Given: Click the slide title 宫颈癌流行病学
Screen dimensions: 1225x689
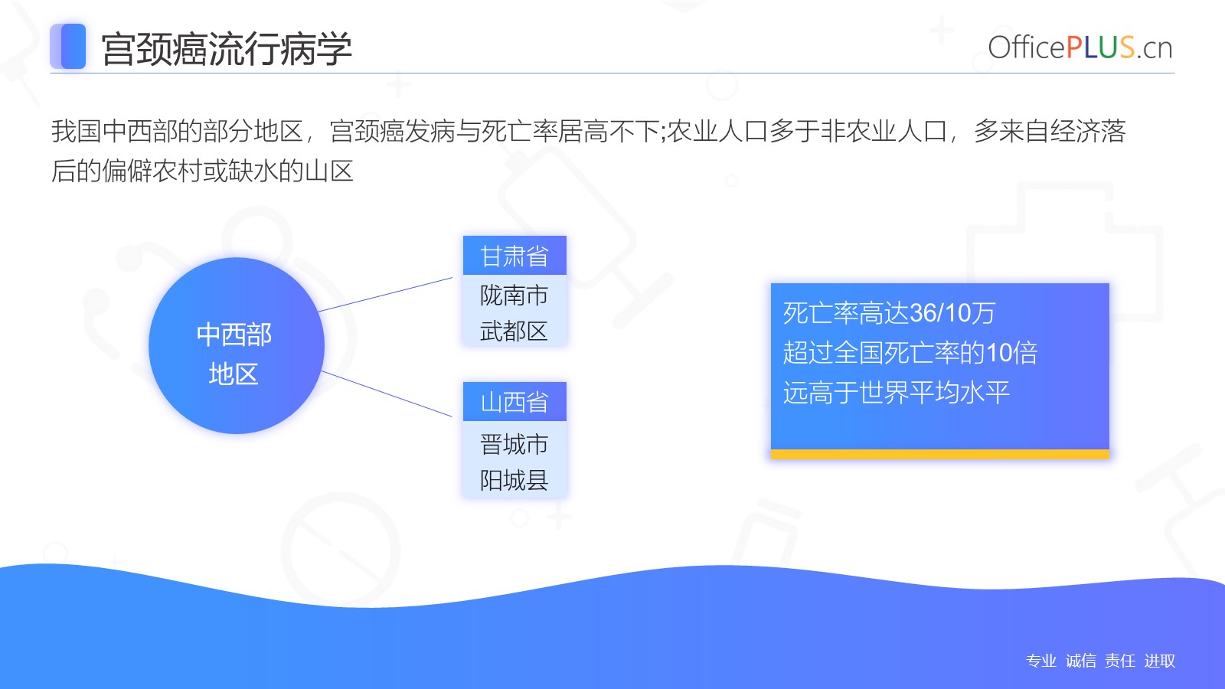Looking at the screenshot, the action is click(227, 49).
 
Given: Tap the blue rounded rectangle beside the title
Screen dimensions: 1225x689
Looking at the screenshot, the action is click(68, 47).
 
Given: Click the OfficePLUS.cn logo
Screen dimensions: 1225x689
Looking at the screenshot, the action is click(1080, 47).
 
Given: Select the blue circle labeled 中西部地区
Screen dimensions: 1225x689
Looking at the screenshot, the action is click(237, 345).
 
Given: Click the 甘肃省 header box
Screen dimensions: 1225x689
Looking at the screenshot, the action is click(514, 256).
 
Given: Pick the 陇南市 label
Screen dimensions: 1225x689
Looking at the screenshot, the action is click(514, 296).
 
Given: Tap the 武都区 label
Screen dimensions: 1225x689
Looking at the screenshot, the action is click(514, 331).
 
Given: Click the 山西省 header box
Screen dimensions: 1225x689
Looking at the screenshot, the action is click(514, 401).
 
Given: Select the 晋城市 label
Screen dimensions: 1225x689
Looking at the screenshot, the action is click(514, 444).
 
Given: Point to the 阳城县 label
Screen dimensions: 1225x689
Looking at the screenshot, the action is click(514, 480).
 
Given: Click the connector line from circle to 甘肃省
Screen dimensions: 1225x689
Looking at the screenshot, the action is click(386, 294).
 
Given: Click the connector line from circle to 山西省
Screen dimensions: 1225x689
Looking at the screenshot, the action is click(387, 393).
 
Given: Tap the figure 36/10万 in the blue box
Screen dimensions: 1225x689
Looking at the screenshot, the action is click(952, 313).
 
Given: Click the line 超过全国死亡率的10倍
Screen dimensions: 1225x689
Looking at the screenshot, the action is click(910, 353).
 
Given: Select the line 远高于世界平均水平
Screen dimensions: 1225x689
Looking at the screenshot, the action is click(897, 392).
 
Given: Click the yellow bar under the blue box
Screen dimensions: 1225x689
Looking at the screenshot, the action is click(940, 454).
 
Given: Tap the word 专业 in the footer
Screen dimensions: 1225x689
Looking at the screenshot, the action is click(1041, 661).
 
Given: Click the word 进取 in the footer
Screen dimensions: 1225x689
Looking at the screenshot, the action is click(1159, 661).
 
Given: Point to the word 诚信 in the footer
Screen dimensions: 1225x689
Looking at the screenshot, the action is click(1080, 661).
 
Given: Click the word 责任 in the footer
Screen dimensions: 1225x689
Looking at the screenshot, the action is click(1120, 661).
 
